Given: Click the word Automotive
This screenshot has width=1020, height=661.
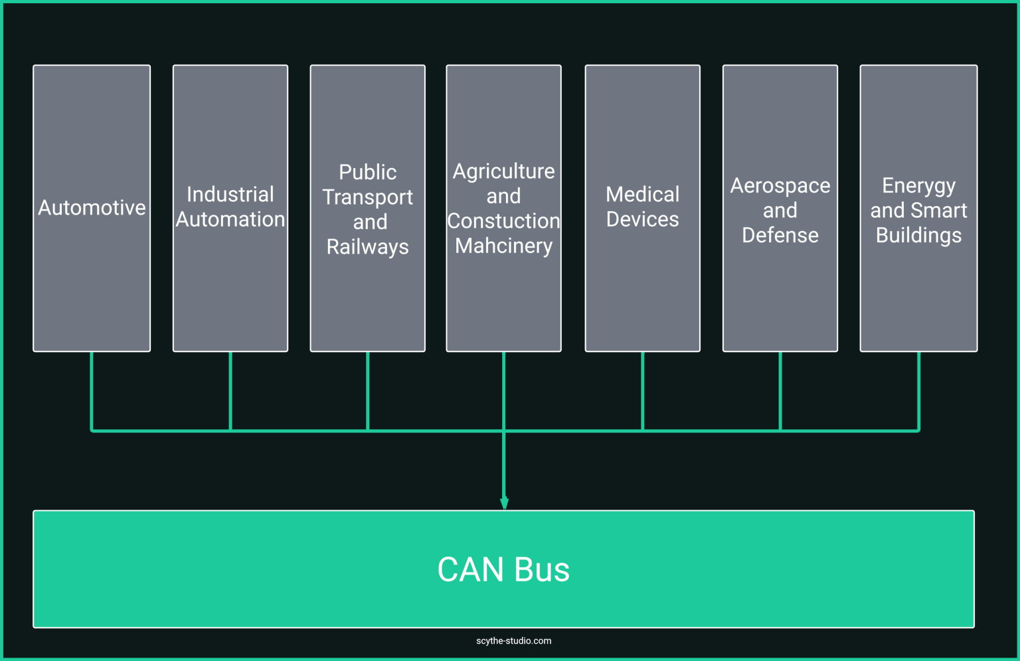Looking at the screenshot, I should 92,208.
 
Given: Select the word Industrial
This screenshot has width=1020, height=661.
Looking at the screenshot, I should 230,195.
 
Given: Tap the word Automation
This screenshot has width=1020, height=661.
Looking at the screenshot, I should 230,219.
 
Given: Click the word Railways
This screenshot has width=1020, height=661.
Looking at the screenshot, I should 367,247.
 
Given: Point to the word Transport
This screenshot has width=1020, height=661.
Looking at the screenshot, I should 367,197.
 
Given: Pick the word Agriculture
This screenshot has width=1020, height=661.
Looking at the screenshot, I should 503,171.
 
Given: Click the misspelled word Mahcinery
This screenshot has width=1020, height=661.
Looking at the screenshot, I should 503,246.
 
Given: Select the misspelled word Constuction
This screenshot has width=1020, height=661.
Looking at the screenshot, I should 503,221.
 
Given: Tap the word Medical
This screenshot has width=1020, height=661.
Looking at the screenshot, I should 642,195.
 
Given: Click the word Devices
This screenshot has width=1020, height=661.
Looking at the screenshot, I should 642,219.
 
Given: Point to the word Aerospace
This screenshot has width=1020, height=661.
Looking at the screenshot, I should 780,185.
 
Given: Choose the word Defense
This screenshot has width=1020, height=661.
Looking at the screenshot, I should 780,235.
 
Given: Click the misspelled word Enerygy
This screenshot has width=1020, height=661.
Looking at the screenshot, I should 918,186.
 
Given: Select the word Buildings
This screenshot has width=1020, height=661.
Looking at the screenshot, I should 918,235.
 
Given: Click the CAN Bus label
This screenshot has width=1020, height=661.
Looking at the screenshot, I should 503,569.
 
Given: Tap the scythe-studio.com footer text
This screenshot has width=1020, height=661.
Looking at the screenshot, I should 513,641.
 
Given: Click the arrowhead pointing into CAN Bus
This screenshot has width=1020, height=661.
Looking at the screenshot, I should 504,503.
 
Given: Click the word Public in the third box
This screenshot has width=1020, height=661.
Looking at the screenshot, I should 367,172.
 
